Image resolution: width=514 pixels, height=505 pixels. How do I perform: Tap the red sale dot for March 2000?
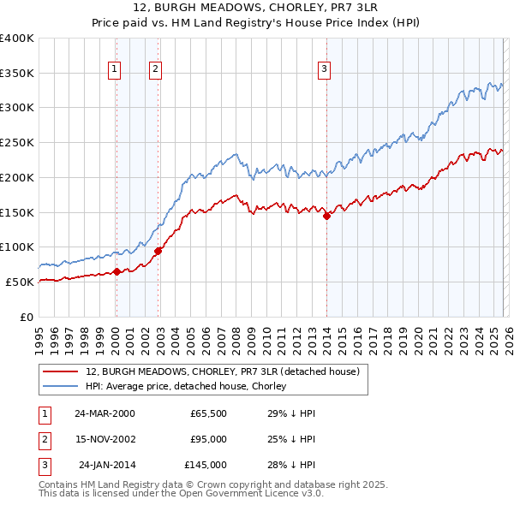point(117,271)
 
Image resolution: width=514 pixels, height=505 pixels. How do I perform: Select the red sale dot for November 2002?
point(158,251)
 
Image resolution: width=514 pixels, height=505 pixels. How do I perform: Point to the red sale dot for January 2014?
point(326,217)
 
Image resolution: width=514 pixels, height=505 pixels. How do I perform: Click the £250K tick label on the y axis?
point(17,143)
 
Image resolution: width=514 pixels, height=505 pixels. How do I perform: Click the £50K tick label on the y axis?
point(20,282)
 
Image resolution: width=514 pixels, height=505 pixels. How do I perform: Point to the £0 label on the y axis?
point(27,317)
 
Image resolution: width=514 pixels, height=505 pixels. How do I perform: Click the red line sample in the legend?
point(61,372)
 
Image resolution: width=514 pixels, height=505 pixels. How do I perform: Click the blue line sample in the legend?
point(61,387)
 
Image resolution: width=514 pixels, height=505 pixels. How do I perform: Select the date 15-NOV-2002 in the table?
point(105,439)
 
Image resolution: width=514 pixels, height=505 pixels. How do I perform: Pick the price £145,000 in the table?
point(206,465)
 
